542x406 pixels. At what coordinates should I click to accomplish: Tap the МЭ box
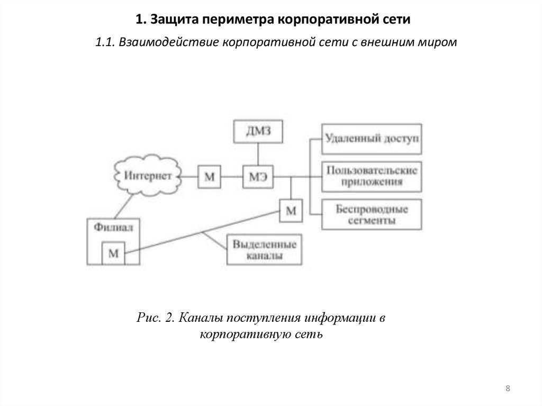point(258,176)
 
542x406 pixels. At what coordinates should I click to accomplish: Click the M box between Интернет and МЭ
point(210,176)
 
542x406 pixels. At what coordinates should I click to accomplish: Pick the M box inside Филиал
point(113,252)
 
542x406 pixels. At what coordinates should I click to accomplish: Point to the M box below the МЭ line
point(291,210)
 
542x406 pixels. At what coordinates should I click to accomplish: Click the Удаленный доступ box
point(372,139)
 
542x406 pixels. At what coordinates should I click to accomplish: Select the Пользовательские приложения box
point(372,176)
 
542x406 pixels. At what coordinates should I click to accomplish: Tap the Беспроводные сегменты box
point(372,214)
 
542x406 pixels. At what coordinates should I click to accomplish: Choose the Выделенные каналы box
point(265,249)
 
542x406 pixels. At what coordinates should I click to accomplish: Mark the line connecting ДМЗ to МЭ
point(258,155)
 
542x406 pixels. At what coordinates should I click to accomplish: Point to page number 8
point(508,389)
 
